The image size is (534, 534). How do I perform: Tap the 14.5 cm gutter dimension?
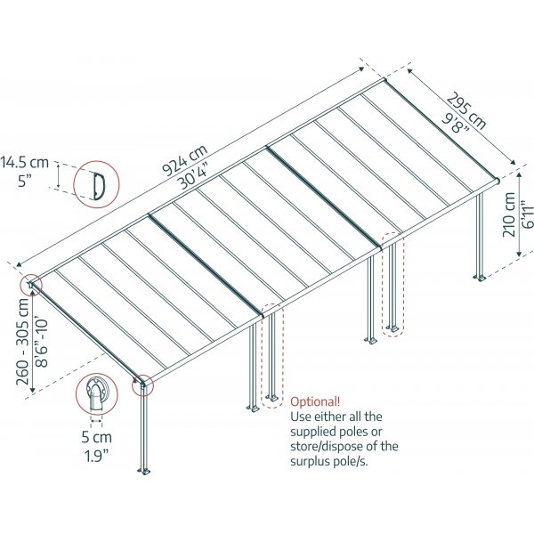pos(24,163)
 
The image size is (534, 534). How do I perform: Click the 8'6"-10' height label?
pos(41,338)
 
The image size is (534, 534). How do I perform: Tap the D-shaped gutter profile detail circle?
pos(95,184)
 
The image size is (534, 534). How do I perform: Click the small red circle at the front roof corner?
pos(142,384)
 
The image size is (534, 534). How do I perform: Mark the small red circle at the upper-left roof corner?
pos(32,285)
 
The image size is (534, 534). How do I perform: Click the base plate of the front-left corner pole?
pos(143,469)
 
